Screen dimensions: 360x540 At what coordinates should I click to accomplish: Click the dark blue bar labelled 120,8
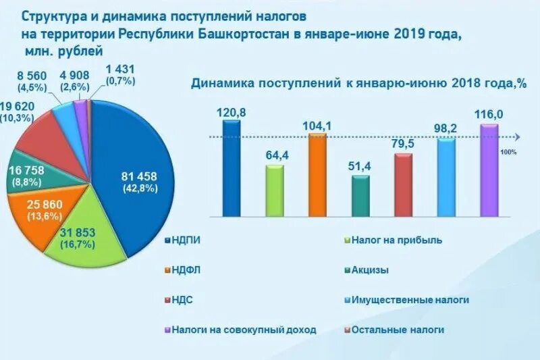coord(231,169)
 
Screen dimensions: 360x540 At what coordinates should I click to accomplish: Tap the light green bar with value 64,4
coord(275,192)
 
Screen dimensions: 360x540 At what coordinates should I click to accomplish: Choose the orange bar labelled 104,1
coord(317,176)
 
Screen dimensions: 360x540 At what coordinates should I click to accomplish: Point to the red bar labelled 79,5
coord(403,186)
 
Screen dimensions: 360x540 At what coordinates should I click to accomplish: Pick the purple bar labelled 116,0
coord(489,171)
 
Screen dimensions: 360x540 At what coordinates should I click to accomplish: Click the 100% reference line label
coord(508,152)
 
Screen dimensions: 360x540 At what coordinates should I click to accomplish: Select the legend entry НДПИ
coord(186,240)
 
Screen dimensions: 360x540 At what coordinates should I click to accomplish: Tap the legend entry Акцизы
coord(371,270)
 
